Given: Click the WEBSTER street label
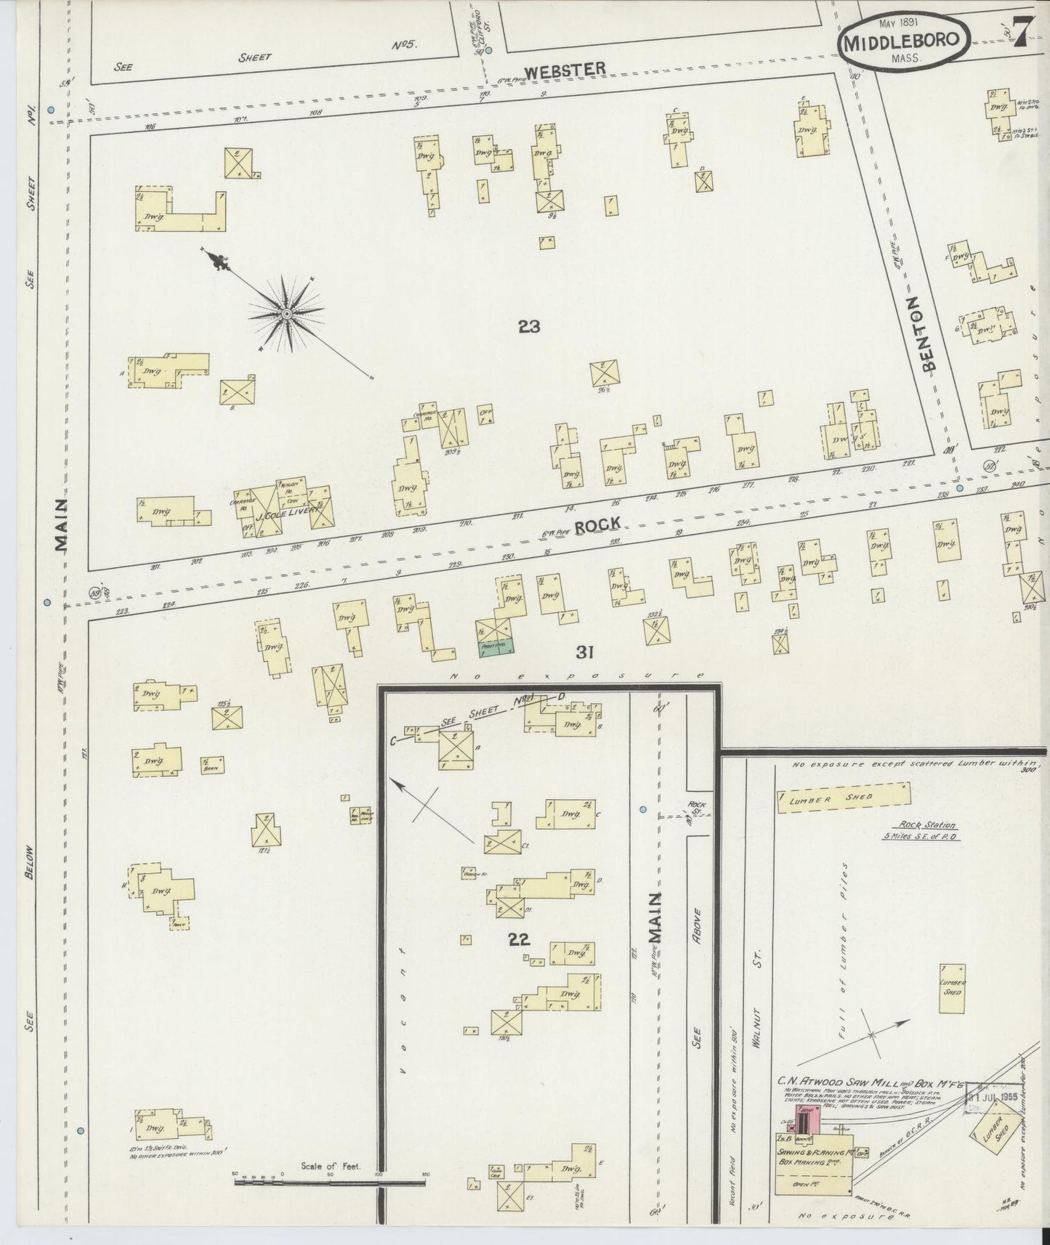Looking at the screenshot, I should pyautogui.click(x=565, y=70).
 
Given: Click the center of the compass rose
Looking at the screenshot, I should pyautogui.click(x=286, y=314).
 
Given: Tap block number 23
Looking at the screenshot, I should pyautogui.click(x=529, y=327).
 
